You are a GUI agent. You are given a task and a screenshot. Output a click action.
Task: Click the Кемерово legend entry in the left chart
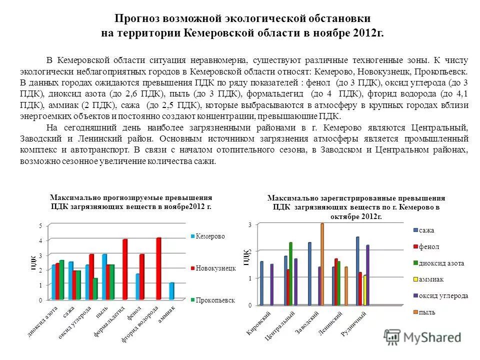pos(210,236)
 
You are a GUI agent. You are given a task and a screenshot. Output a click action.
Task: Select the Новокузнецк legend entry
pos(213,268)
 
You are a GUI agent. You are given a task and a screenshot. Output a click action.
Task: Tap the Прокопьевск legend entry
pos(213,300)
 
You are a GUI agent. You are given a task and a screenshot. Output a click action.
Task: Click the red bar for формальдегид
pos(125,269)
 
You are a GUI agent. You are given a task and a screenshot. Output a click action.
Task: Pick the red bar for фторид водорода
pos(159,268)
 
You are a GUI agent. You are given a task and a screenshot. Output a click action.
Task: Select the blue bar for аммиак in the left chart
pos(171,291)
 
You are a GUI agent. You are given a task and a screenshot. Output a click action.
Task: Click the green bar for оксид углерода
pos(95,289)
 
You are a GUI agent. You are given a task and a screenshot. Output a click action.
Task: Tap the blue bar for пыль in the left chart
pos(104,277)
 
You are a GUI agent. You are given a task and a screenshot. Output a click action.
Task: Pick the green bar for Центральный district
pos(290,273)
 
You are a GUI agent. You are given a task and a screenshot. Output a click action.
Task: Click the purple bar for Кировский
pos(272,284)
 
